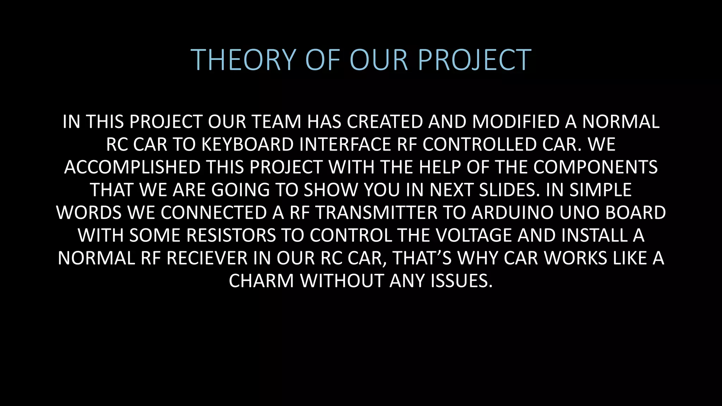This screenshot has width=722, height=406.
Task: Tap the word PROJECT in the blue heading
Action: coord(475,60)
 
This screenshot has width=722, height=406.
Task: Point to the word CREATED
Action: coord(385,122)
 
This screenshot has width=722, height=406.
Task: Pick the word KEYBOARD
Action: coord(247,144)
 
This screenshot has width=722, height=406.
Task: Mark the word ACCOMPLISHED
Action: coord(132,167)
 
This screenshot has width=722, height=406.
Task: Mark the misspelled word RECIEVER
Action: coord(207,258)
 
